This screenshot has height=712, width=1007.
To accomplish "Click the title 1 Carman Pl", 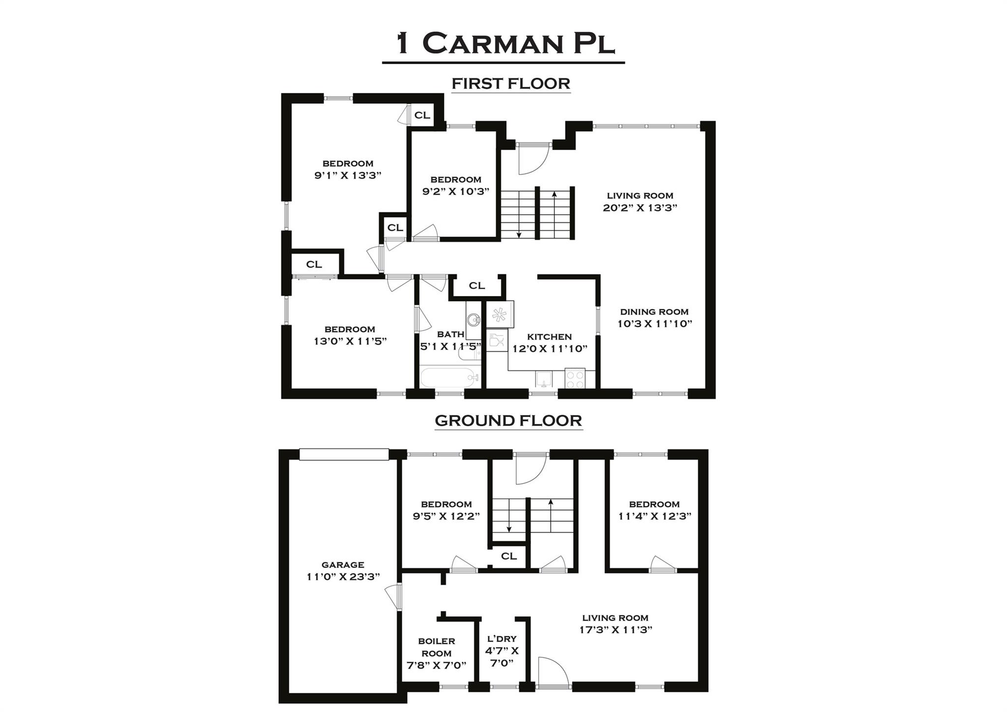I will pyautogui.click(x=505, y=44).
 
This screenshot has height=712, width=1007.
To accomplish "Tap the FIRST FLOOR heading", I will pyautogui.click(x=511, y=84).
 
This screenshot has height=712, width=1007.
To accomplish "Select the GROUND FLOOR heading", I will pyautogui.click(x=508, y=421).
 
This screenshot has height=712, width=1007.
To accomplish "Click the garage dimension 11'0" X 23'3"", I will pyautogui.click(x=343, y=577).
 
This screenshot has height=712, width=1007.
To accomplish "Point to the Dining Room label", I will pyautogui.click(x=654, y=312).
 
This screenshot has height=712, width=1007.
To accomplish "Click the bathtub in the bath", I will pyautogui.click(x=449, y=378).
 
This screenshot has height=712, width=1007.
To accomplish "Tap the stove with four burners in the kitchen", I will pyautogui.click(x=575, y=378).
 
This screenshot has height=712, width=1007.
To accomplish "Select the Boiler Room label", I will pyautogui.click(x=436, y=647).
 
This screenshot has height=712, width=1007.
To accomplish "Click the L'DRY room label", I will pyautogui.click(x=502, y=639).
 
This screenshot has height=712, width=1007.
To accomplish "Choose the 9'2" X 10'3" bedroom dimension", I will pyautogui.click(x=456, y=192).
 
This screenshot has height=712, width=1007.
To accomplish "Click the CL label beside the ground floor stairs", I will pyautogui.click(x=509, y=556).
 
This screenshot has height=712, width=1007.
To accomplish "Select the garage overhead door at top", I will pyautogui.click(x=344, y=454).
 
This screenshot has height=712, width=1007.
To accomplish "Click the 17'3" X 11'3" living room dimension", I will pyautogui.click(x=616, y=630).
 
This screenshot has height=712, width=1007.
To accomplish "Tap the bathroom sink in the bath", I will pyautogui.click(x=474, y=320).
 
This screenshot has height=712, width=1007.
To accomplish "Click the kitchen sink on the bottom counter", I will pyautogui.click(x=544, y=379).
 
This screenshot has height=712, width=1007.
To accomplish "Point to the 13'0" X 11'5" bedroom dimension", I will pyautogui.click(x=350, y=341).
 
